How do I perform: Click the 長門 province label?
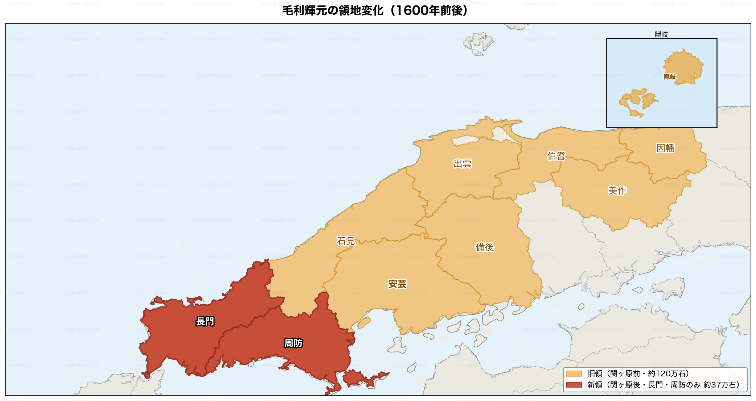(x=205, y=321)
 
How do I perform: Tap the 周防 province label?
(x=293, y=343)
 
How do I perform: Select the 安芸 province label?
(x=397, y=284)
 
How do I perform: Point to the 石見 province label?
(x=346, y=241)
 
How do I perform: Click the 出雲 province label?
(x=463, y=164)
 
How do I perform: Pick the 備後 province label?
(x=485, y=247)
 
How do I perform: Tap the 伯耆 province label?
(x=556, y=156)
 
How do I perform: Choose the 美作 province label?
(x=617, y=191)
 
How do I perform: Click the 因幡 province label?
(x=665, y=148)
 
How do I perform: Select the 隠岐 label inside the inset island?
(x=670, y=77)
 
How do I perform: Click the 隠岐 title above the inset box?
(x=661, y=34)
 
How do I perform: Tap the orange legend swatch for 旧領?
(x=574, y=374)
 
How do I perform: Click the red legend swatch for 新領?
(x=574, y=385)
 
